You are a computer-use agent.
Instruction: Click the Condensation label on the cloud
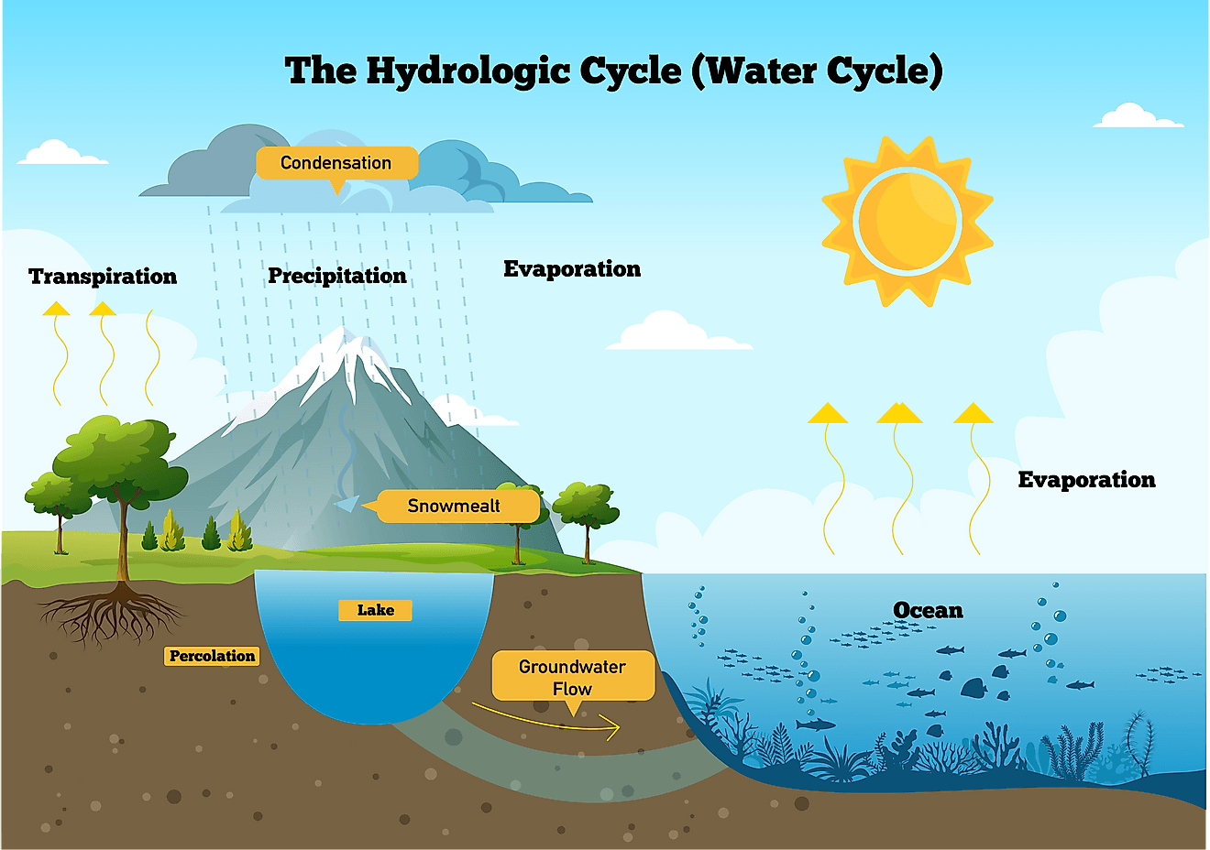(x=336, y=163)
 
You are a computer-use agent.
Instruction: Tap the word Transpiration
(x=103, y=277)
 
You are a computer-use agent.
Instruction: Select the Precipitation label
(x=336, y=276)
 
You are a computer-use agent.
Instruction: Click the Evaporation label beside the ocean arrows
(x=1086, y=480)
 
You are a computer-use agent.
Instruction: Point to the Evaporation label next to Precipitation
(x=572, y=269)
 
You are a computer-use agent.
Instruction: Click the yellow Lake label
(x=375, y=610)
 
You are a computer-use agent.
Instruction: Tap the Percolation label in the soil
(x=212, y=656)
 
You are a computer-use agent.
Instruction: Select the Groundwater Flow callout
(x=573, y=677)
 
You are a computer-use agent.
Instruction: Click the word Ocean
(x=928, y=610)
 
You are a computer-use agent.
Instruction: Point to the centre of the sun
(x=907, y=221)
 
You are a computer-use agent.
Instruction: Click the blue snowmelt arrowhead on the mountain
(x=346, y=503)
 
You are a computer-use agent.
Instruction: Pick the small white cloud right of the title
(x=1137, y=117)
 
